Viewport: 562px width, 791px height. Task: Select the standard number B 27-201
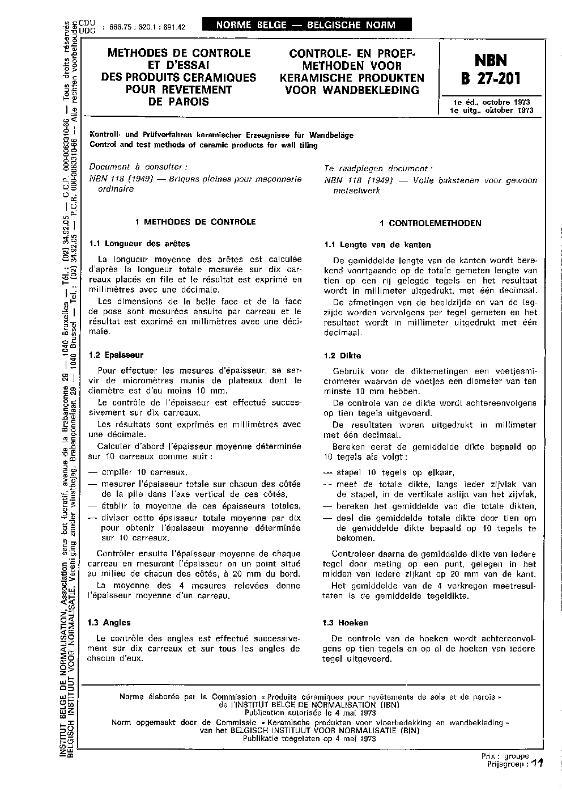(x=491, y=78)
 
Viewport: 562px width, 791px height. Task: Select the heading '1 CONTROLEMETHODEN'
(x=431, y=223)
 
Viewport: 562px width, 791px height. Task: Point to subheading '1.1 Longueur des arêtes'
(x=139, y=244)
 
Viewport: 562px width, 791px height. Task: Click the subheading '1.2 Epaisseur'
(x=116, y=355)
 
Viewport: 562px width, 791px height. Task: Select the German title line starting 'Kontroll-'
(x=221, y=135)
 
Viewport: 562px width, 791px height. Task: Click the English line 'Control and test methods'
(x=203, y=145)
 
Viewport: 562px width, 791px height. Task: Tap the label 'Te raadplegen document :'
(x=378, y=168)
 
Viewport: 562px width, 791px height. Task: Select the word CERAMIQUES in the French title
(x=219, y=78)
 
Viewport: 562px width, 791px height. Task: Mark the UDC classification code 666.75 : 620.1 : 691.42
(x=144, y=27)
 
